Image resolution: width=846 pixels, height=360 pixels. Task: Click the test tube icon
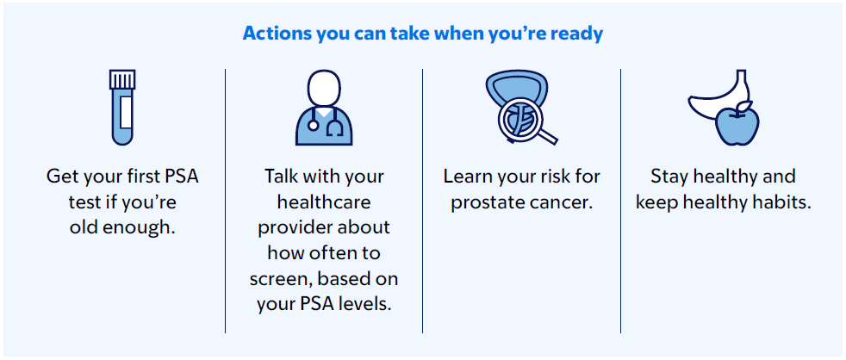pos(122,108)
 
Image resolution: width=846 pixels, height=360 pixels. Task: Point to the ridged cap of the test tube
pos(122,79)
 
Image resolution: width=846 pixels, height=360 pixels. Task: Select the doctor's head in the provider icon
pos(324,89)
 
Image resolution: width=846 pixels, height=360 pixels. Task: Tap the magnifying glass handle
pos(544,133)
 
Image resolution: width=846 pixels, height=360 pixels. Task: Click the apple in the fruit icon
pos(737,126)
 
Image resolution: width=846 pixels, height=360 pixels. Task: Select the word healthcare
pos(324,202)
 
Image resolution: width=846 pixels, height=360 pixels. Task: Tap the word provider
pos(294,227)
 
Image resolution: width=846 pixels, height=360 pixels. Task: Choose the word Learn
pos(467,177)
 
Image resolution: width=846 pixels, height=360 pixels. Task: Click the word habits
pos(781,202)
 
